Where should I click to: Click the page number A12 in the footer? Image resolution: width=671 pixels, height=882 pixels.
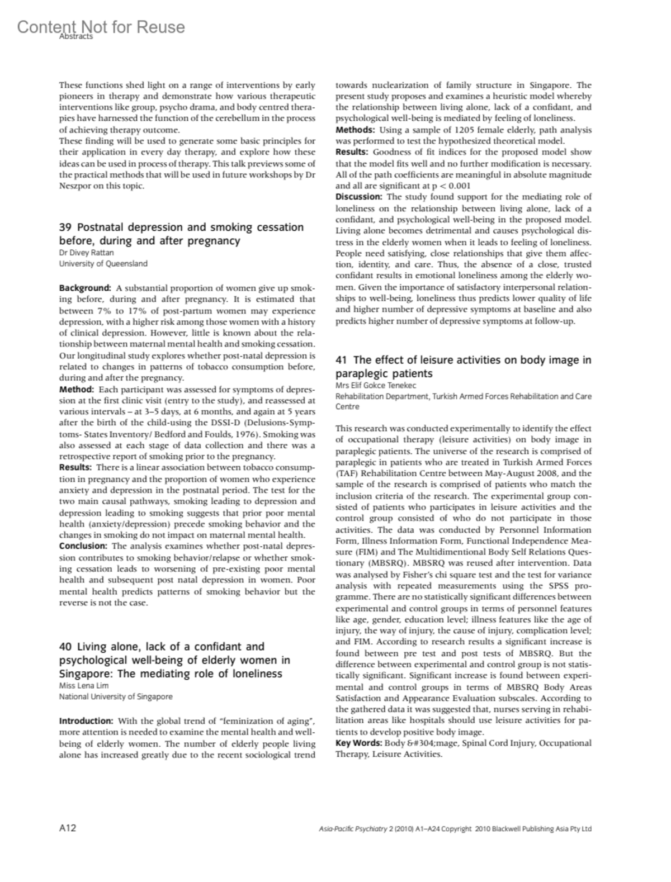[x=68, y=828]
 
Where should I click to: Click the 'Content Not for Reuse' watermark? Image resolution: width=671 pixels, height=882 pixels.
[x=101, y=27]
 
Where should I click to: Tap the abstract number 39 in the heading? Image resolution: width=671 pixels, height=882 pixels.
[x=65, y=227]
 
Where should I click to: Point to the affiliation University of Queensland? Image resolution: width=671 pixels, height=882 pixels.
[x=103, y=263]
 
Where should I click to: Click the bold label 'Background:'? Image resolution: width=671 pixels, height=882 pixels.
[x=85, y=288]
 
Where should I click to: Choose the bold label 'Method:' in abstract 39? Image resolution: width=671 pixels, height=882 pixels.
[x=77, y=389]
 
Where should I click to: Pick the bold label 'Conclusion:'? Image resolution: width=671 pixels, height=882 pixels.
[x=83, y=546]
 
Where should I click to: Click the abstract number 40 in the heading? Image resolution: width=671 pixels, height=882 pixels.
[x=65, y=647]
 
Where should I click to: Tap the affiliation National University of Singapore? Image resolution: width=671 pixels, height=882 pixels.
[x=116, y=696]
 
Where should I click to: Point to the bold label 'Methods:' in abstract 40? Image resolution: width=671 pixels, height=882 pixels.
[x=354, y=130]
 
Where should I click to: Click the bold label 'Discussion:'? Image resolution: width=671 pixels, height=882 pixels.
[x=359, y=197]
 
